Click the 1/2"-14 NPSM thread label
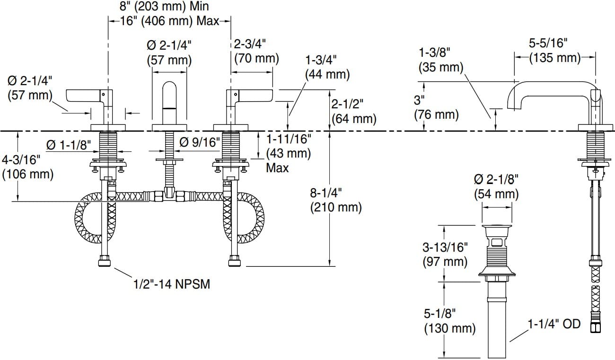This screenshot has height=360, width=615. pos(172,284)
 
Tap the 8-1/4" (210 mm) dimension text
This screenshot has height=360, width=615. pos(336,200)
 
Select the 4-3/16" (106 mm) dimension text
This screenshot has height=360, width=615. pos(28,167)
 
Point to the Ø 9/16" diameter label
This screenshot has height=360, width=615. pos(200,142)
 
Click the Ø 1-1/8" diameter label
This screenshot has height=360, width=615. pos(69,145)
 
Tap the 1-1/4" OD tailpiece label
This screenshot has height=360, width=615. pos(554,324)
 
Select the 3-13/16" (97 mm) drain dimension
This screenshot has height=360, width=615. pos(445,255)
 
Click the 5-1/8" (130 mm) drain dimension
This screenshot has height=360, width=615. pos(450,321)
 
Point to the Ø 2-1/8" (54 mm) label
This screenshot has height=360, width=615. pos(496,187)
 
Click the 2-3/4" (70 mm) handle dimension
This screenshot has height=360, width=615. pos(256,52)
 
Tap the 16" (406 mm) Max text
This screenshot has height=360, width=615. pos(170,21)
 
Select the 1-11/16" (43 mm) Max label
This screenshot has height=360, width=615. pos(289,153)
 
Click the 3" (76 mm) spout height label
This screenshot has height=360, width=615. pos(436,107)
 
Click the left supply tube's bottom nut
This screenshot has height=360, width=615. pos(105,261)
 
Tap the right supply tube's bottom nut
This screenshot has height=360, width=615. pos(235,261)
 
